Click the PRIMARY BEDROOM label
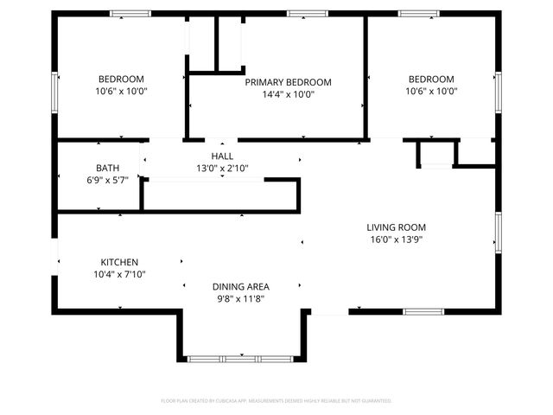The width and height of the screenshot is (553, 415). click(x=288, y=82)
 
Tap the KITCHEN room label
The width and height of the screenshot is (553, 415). click(x=119, y=262)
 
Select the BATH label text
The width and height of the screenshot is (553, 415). click(x=108, y=168)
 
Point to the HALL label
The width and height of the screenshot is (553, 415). click(x=223, y=156)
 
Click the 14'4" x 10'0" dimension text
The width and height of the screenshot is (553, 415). click(x=288, y=95)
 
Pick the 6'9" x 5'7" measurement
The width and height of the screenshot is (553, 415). click(x=108, y=181)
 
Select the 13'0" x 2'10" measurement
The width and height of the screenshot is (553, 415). click(x=223, y=169)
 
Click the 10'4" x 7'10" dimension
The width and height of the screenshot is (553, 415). click(x=119, y=274)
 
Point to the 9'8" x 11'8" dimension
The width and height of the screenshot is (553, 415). click(x=241, y=298)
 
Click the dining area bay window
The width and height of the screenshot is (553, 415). click(x=240, y=358)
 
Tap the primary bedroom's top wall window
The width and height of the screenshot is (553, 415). click(x=301, y=13)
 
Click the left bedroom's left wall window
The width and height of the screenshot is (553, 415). click(x=55, y=90)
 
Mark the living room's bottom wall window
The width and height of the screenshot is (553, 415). click(x=423, y=311)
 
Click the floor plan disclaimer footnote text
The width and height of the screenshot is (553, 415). click(x=276, y=401)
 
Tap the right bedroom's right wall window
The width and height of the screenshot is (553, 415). click(x=498, y=92)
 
